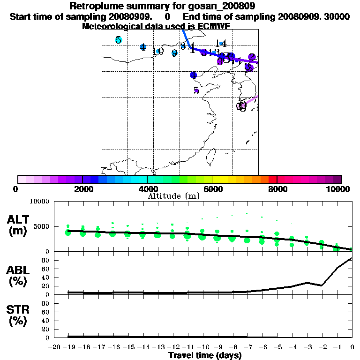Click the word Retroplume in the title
[x=96, y=6]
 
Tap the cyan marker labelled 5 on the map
[x=119, y=40]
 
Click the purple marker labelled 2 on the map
[x=252, y=57]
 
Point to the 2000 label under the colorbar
[x=82, y=189]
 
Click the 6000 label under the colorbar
[x=212, y=189]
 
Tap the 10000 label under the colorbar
[x=338, y=189]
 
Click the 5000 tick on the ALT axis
[x=41, y=226]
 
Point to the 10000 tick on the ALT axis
[x=39, y=202]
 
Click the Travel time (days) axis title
[x=205, y=355]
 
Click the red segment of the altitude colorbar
[x=272, y=179]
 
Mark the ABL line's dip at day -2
[x=322, y=285]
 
